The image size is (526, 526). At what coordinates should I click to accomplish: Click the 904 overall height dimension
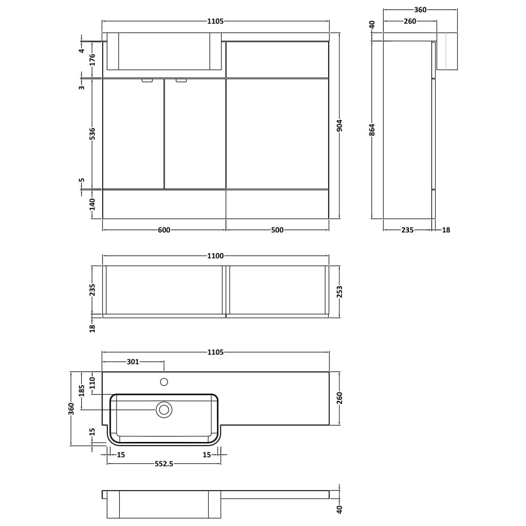click(340, 125)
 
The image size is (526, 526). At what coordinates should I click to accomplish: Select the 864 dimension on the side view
click(372, 130)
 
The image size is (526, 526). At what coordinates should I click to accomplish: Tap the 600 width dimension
click(164, 230)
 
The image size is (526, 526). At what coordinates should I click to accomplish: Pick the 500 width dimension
click(277, 230)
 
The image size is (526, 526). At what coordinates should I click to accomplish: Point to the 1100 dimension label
click(216, 256)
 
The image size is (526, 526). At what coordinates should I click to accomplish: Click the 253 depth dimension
click(340, 292)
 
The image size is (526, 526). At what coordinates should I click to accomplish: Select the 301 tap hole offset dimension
click(133, 362)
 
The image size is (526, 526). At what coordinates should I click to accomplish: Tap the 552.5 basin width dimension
click(164, 464)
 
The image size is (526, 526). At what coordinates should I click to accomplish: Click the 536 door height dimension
click(92, 134)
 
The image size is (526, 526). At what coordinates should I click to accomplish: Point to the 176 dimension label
click(92, 60)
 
